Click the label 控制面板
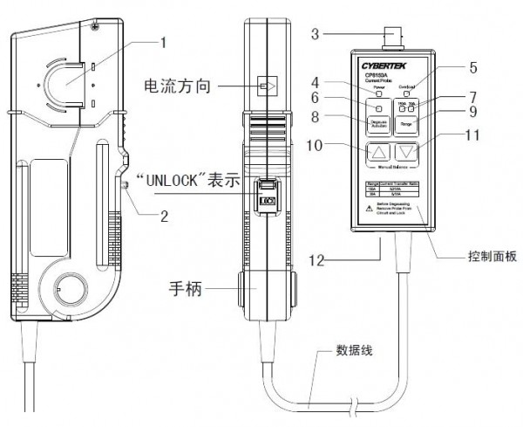coord(486,258)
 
